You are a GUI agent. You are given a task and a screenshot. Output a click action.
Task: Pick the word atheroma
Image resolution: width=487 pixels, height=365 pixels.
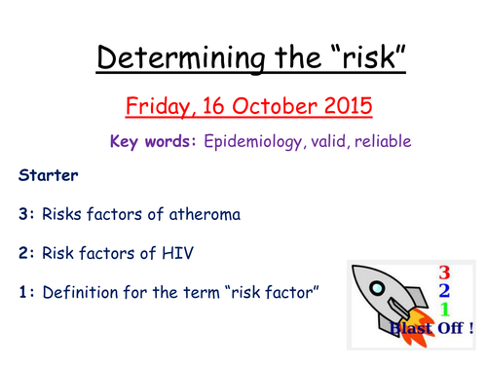[x=208, y=213]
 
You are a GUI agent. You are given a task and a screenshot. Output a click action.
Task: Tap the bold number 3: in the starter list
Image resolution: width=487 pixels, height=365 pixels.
[x=24, y=213]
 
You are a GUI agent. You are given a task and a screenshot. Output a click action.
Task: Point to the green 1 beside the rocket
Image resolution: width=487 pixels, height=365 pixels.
[x=444, y=311]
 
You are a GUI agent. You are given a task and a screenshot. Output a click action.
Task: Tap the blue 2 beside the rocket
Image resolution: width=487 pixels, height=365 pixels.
[x=444, y=293]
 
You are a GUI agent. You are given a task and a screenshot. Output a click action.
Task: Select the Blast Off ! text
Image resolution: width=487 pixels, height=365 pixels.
[x=430, y=330]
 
